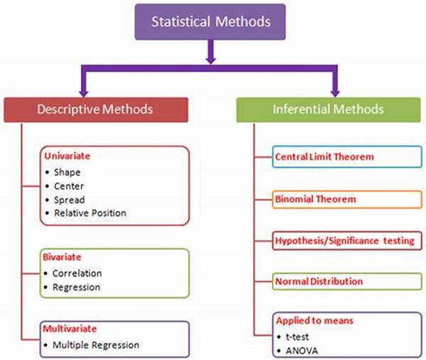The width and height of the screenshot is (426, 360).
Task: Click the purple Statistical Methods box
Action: [211, 21]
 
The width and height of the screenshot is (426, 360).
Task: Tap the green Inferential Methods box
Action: [328, 109]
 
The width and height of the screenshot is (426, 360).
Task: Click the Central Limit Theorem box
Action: [324, 156]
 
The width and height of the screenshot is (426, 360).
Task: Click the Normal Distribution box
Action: [319, 282]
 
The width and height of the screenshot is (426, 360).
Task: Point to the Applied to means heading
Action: [313, 321]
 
